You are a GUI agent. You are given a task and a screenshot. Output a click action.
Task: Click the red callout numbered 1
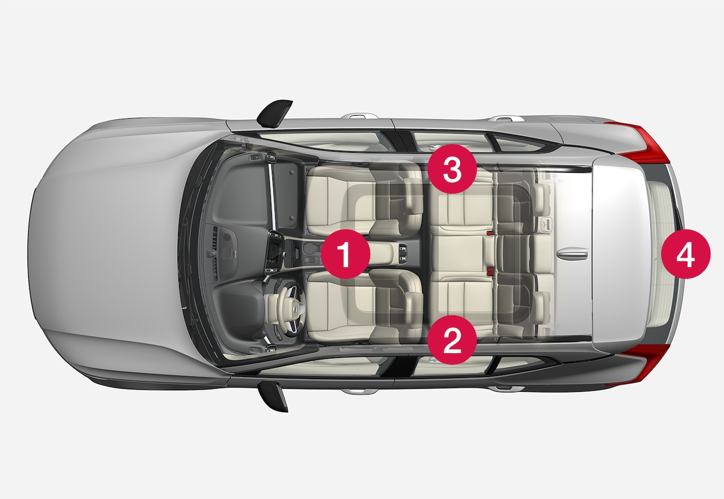(346, 254)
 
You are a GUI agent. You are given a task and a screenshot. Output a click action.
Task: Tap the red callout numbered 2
(452, 340)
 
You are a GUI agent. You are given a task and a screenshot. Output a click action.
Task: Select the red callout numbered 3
(452, 169)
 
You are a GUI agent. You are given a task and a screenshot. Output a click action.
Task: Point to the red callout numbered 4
(686, 254)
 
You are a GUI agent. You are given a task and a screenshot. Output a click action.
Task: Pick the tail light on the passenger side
(641, 142)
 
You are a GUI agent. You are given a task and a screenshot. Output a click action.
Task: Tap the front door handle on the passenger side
(361, 116)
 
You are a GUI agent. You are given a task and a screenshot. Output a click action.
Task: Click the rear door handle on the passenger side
(506, 118)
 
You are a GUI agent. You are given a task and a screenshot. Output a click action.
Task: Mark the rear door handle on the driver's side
(505, 389)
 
